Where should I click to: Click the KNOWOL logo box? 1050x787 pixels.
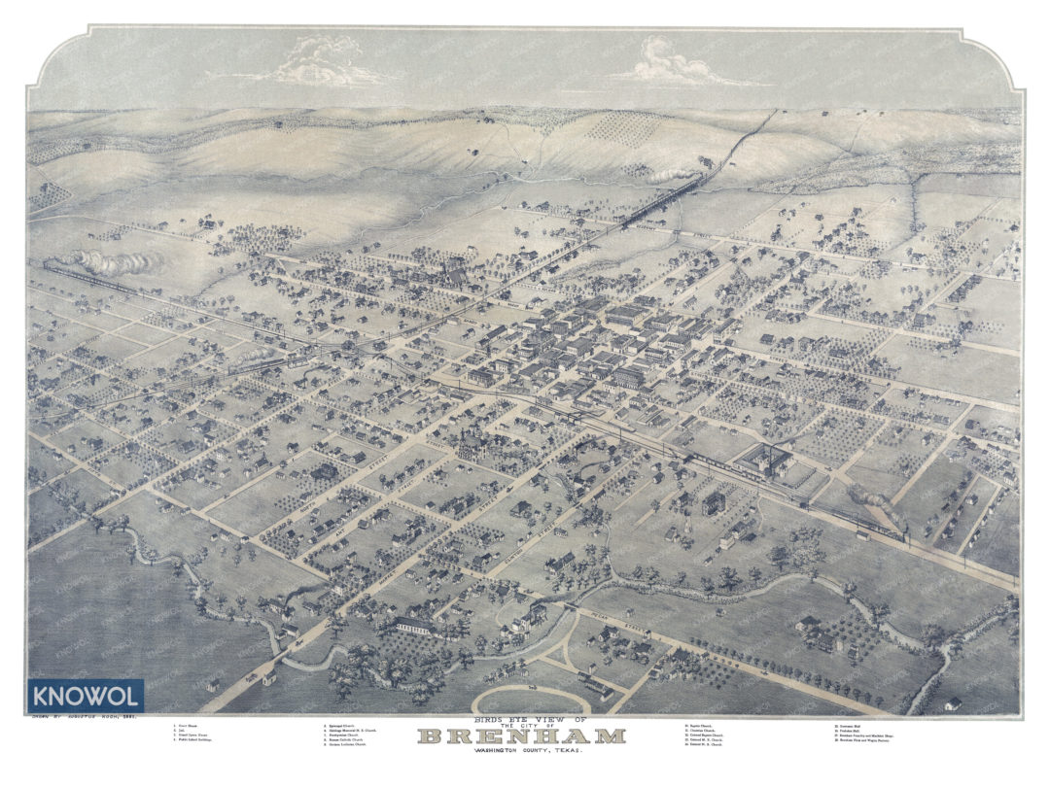[x=87, y=696]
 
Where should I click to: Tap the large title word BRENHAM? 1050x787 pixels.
[x=521, y=736]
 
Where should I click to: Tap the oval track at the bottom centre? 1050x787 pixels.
[x=530, y=700]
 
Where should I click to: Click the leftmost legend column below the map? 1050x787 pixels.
[x=194, y=736]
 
